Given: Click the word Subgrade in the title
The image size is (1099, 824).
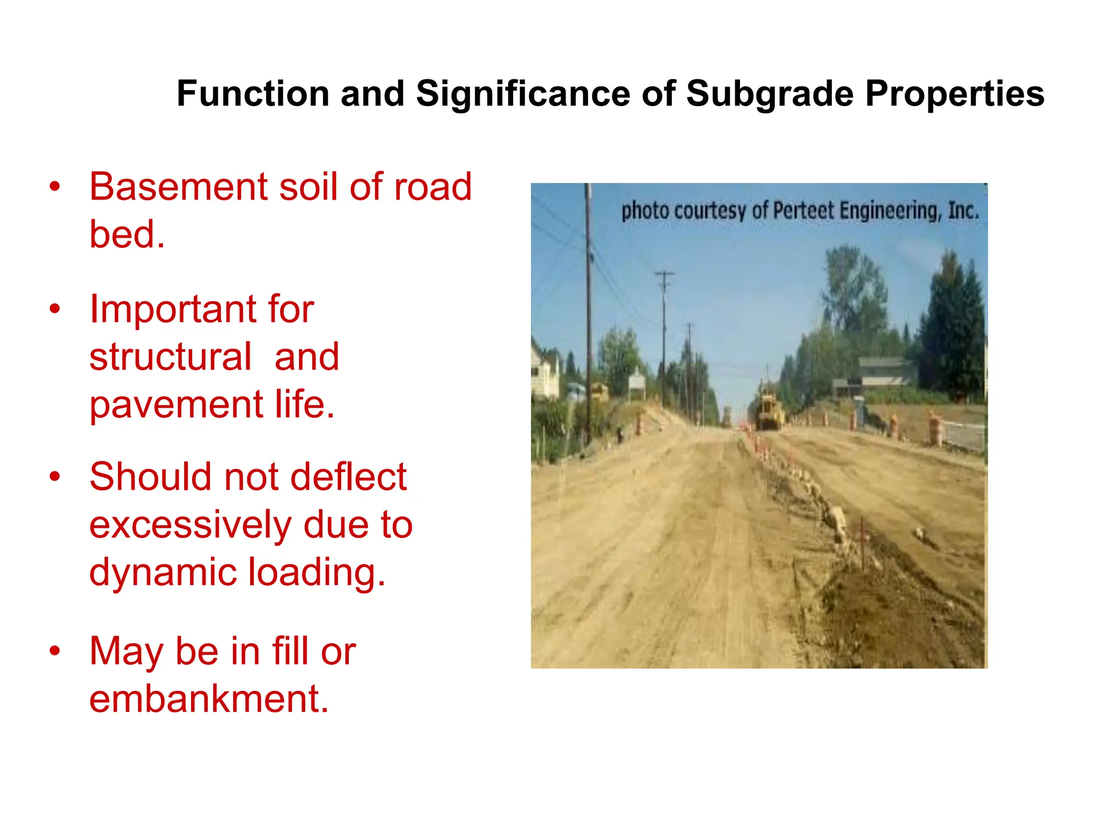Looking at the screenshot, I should (770, 94).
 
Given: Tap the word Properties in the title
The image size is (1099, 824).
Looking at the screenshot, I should (955, 94).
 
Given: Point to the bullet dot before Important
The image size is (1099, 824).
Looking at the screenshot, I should (54, 309).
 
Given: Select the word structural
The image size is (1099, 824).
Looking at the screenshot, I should (170, 357).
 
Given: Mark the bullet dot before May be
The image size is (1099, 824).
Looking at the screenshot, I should (54, 651).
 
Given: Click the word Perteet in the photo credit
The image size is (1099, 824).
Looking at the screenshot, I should (804, 210).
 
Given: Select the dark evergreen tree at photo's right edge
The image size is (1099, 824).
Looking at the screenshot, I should (953, 327).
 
